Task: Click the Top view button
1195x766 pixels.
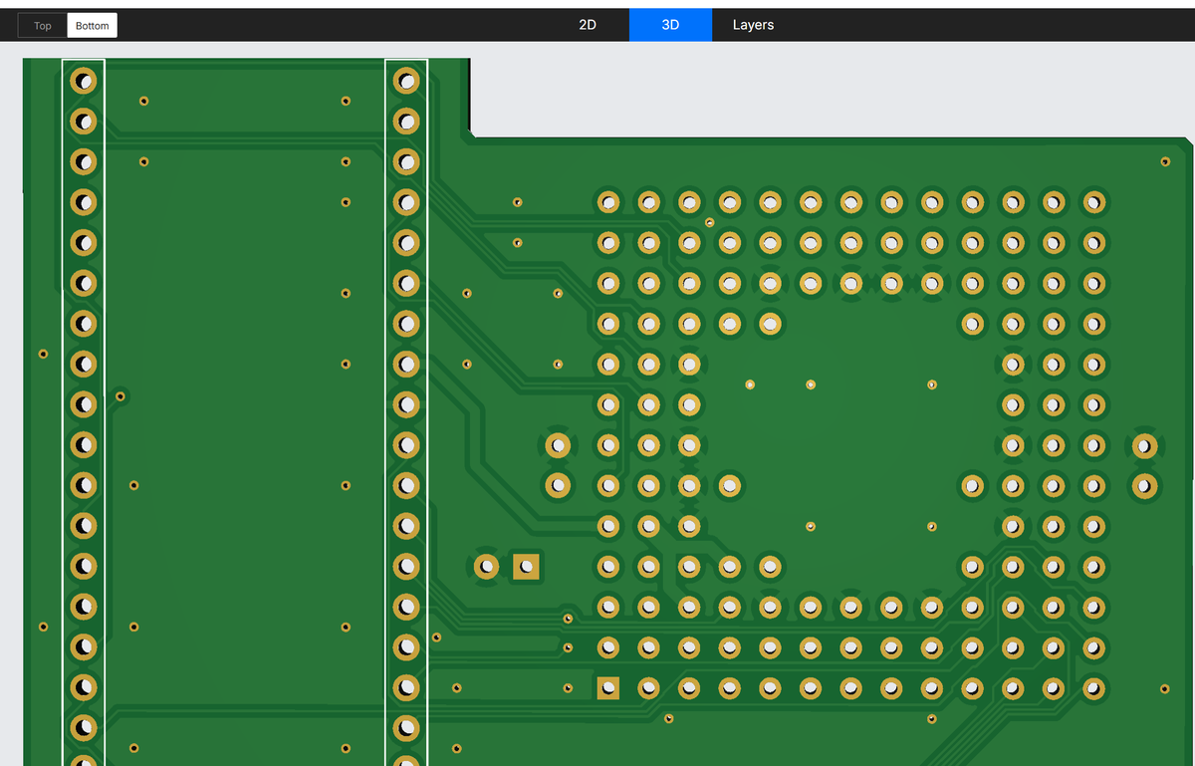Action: pos(42,26)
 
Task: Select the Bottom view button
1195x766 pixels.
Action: pos(92,26)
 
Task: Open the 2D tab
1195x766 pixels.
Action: pos(588,25)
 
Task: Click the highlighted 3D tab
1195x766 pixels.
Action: pos(670,25)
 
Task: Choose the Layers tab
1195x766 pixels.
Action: pos(753,25)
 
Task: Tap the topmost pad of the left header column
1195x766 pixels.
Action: pos(84,81)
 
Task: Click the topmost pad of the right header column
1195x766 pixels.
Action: pos(406,81)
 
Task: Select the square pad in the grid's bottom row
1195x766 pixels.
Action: pos(608,688)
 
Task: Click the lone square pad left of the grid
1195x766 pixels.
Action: pos(526,567)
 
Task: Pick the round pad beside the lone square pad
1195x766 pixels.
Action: pos(486,567)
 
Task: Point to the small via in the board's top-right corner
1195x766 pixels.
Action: pos(1165,161)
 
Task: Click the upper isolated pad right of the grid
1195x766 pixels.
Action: pos(1145,445)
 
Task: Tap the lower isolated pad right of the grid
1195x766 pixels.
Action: pos(1145,486)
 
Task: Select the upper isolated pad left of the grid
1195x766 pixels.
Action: pos(558,445)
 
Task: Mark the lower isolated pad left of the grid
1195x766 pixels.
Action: pos(558,486)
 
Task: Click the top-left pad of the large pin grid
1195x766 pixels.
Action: pos(608,202)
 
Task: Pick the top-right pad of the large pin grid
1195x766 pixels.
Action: pos(1094,202)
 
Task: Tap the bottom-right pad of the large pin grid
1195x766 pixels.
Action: pos(1094,688)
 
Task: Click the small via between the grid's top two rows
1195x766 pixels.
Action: pos(709,222)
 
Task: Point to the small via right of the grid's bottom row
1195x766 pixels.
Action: pos(1164,689)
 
